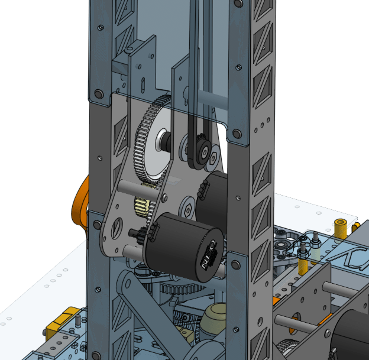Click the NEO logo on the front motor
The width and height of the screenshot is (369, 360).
coord(209,255)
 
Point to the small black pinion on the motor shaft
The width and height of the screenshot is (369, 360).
coord(138,233)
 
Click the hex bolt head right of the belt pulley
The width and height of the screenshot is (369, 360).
coord(212,158)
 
